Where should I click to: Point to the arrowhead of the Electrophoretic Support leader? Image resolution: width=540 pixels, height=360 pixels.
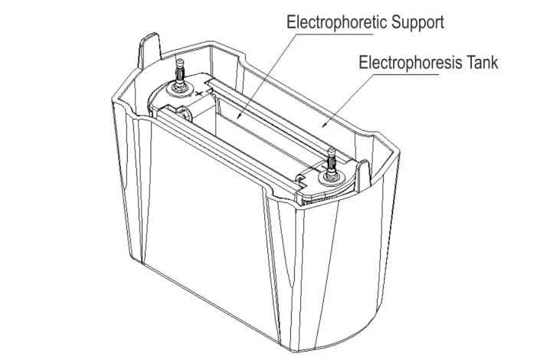click(239, 117)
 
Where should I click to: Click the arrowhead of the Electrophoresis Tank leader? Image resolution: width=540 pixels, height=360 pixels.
click(325, 123)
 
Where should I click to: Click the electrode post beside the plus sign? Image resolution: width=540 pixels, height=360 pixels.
click(180, 74)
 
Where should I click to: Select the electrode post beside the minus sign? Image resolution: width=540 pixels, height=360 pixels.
click(331, 162)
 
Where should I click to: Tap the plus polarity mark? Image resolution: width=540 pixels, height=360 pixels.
click(198, 93)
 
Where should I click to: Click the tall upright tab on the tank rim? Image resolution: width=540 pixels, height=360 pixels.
click(149, 51)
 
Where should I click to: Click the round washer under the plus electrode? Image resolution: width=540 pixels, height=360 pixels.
click(179, 89)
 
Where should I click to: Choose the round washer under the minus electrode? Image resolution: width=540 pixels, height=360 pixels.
click(331, 178)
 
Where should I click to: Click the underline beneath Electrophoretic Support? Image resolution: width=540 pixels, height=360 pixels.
click(330, 34)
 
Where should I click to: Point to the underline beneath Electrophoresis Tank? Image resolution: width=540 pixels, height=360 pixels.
click(399, 74)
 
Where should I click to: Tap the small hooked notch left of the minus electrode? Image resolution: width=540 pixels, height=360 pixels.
click(301, 178)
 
